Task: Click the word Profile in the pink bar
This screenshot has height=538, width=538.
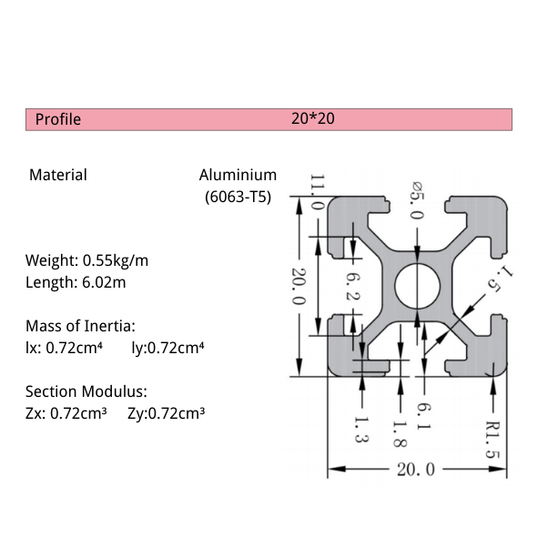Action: point(58,119)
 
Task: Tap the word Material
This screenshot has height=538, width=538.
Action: point(58,175)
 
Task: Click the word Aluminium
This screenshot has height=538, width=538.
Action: point(238,175)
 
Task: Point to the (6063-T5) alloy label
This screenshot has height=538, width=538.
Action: point(239,196)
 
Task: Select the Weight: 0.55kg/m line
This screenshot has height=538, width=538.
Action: point(86,261)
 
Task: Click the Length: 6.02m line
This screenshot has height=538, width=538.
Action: point(76,282)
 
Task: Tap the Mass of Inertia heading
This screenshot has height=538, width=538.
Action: point(80,325)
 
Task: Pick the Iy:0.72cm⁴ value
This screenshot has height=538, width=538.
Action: point(167,347)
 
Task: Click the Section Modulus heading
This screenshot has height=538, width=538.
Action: point(86,392)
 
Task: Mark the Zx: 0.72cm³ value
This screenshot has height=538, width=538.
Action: point(66,414)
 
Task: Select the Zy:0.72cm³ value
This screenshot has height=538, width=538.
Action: point(166,414)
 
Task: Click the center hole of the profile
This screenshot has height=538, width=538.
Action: point(417,285)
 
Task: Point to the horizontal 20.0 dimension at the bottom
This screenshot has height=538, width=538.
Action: point(416,470)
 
